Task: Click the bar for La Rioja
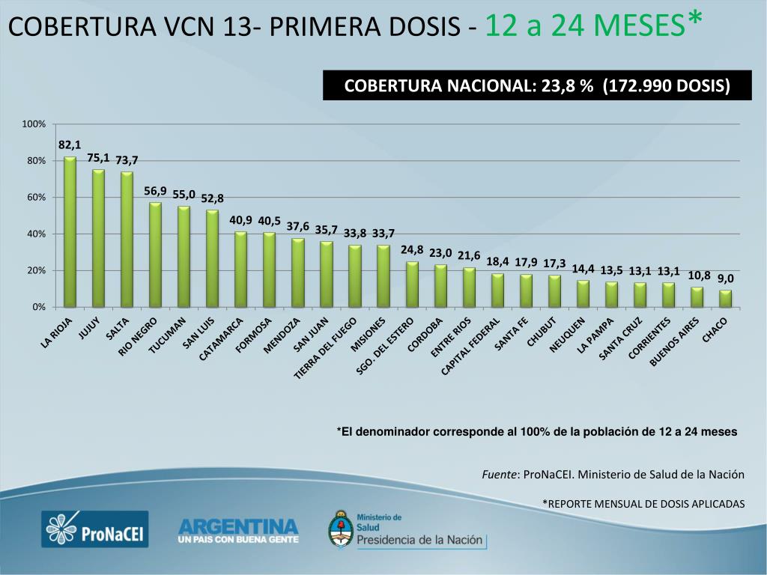point(70,232)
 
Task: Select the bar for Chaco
point(725,299)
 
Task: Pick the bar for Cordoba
point(440,286)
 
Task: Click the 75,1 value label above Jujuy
point(98,157)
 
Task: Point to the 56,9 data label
point(155,191)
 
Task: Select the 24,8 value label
point(412,249)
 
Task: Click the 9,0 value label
point(725,278)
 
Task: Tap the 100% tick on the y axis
point(34,124)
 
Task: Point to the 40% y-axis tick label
point(37,234)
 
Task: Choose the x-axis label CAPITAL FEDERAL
point(470,346)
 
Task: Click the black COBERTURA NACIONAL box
point(536,85)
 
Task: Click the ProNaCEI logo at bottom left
point(94,530)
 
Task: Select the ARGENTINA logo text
point(237,525)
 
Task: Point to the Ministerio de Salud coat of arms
point(341,529)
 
